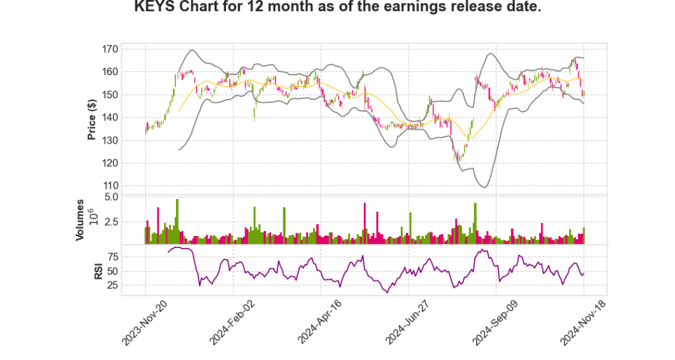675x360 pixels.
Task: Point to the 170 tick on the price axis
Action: pos(128,49)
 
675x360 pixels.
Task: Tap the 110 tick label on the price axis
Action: pos(128,186)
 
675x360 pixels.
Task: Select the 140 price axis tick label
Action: pos(128,117)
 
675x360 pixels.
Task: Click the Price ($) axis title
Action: pos(92,119)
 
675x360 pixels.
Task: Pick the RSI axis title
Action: pos(98,270)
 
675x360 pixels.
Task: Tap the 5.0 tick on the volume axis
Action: pos(129,196)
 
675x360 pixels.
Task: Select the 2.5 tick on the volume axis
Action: pos(129,222)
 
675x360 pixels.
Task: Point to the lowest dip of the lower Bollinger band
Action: pos(484,187)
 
